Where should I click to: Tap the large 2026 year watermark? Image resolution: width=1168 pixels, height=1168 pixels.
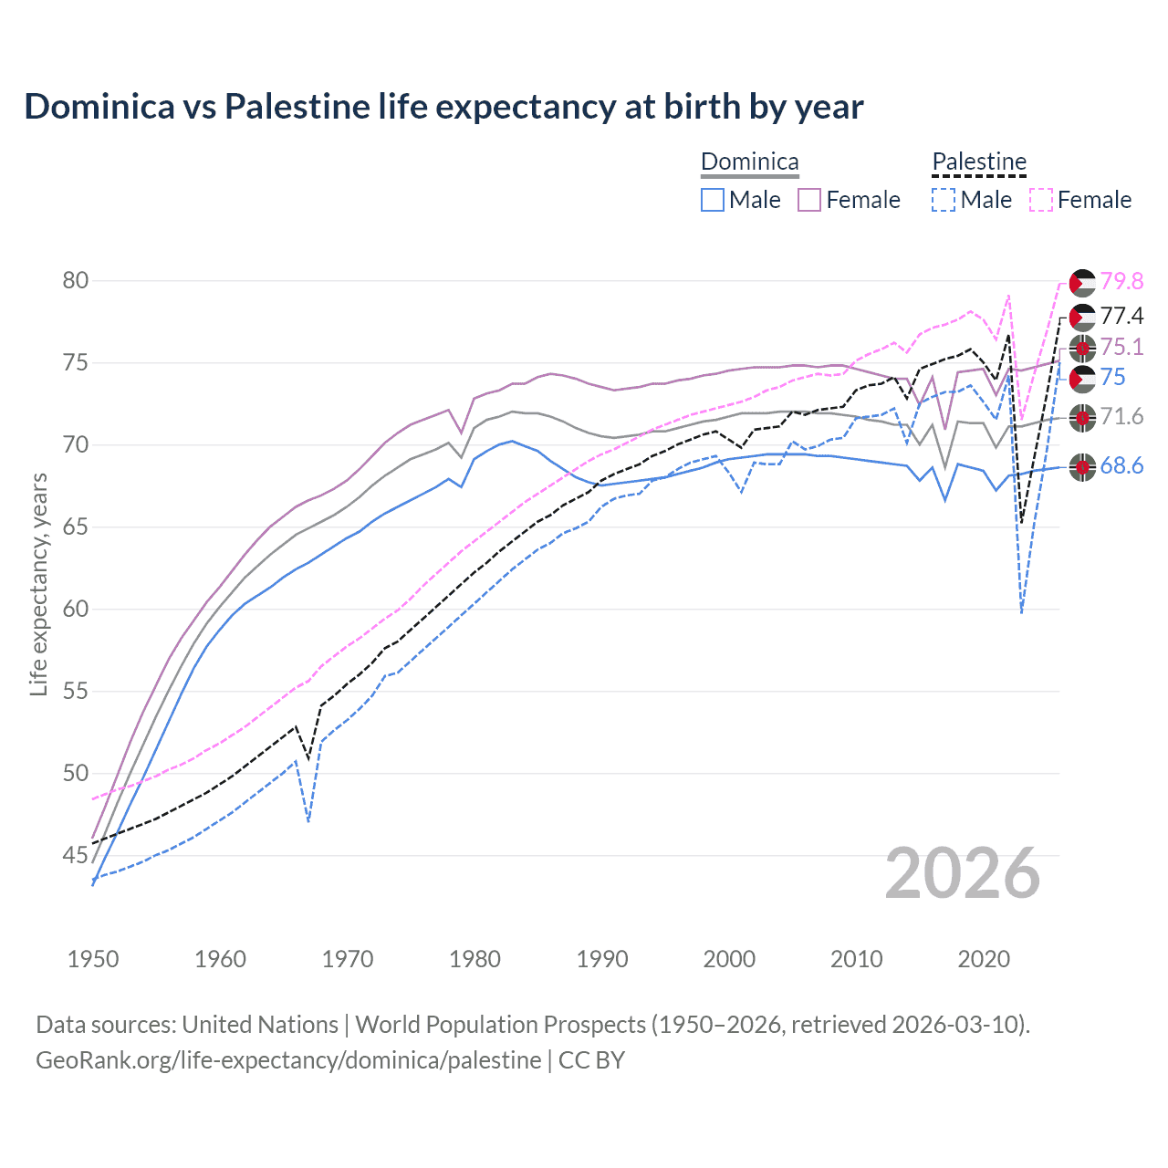[963, 873]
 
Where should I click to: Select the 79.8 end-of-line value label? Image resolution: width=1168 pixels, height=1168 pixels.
[1121, 281]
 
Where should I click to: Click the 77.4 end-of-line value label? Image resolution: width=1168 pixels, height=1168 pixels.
[1121, 316]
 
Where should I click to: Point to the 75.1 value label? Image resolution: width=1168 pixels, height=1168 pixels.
[1121, 347]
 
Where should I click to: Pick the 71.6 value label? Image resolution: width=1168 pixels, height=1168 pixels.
[1121, 417]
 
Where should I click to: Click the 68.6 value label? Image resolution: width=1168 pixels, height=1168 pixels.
[1121, 466]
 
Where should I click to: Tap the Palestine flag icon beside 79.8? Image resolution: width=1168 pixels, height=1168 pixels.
[1082, 283]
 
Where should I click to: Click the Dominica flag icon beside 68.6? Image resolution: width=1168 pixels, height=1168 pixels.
[1082, 467]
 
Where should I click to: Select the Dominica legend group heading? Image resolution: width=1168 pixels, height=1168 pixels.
[749, 162]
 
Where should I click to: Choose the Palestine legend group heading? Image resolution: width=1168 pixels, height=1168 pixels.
[979, 162]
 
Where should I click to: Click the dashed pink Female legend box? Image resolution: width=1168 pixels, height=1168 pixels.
[1041, 200]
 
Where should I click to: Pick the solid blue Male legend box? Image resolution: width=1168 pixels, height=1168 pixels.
[713, 200]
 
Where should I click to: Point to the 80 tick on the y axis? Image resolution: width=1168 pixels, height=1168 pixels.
[76, 280]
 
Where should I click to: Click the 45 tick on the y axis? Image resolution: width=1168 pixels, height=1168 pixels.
[76, 855]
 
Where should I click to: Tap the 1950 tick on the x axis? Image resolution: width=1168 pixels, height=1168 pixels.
[93, 959]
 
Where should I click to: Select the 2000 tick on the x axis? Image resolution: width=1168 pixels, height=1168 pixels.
[729, 959]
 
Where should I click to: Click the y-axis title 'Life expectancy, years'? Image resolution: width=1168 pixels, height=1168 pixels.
[38, 584]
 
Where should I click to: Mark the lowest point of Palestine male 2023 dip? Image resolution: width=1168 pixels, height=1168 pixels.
[1021, 612]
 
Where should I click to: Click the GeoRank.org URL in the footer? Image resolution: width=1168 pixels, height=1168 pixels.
[288, 1059]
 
